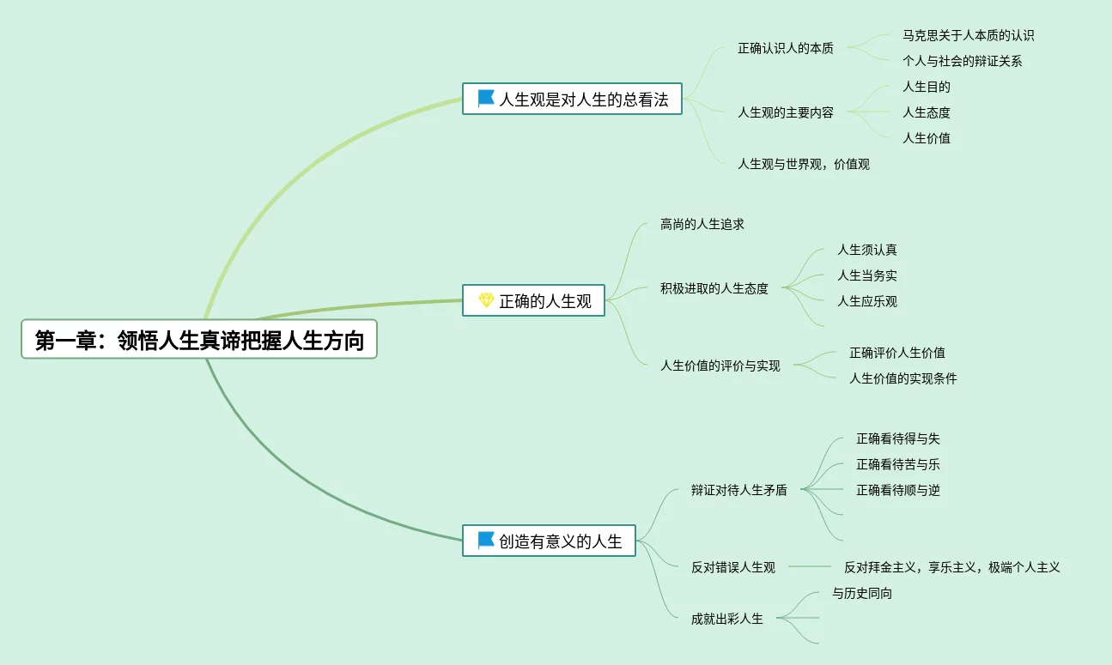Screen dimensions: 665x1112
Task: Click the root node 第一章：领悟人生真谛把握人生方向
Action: [199, 341]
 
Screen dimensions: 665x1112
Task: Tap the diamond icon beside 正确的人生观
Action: [486, 300]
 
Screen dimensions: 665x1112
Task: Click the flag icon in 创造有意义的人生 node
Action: [486, 541]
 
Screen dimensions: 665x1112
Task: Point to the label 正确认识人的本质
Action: [786, 48]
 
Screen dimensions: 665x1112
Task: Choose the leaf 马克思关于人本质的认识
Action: [968, 35]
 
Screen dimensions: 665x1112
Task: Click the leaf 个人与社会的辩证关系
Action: [962, 61]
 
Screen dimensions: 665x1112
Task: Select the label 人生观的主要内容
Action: [786, 112]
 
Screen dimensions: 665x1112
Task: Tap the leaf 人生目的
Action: [926, 87]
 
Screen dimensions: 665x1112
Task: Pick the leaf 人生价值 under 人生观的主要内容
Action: [926, 138]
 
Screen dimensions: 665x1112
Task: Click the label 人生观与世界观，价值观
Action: [804, 164]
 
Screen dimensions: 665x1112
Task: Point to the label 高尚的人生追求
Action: [702, 224]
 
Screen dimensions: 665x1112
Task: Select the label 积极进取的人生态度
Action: [714, 288]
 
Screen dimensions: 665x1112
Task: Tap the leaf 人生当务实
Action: [867, 275]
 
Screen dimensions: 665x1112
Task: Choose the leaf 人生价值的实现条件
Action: [902, 378]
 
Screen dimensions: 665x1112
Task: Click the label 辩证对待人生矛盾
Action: [738, 491]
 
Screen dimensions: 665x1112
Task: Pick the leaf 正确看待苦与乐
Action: [897, 464]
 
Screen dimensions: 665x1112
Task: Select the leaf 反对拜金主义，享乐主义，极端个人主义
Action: [951, 567]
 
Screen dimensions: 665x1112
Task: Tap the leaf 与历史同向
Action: [862, 593]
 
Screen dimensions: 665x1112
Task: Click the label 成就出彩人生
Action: [726, 619]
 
